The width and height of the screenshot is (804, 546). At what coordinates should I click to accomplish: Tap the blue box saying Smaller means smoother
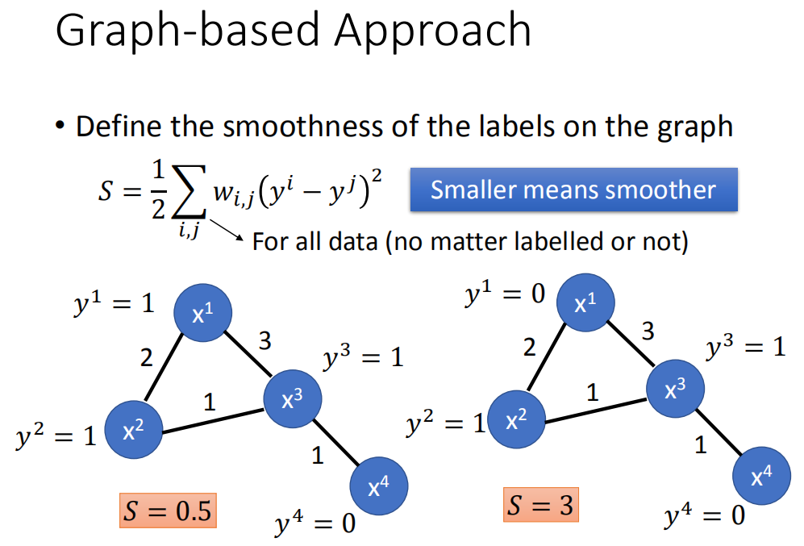tap(573, 190)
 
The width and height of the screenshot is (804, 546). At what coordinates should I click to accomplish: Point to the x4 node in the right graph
tap(760, 475)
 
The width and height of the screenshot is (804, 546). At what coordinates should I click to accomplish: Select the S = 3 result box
tap(541, 506)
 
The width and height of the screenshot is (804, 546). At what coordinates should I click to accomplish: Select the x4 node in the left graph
tap(379, 485)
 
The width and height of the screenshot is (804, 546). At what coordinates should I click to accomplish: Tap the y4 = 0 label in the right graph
tap(704, 516)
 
